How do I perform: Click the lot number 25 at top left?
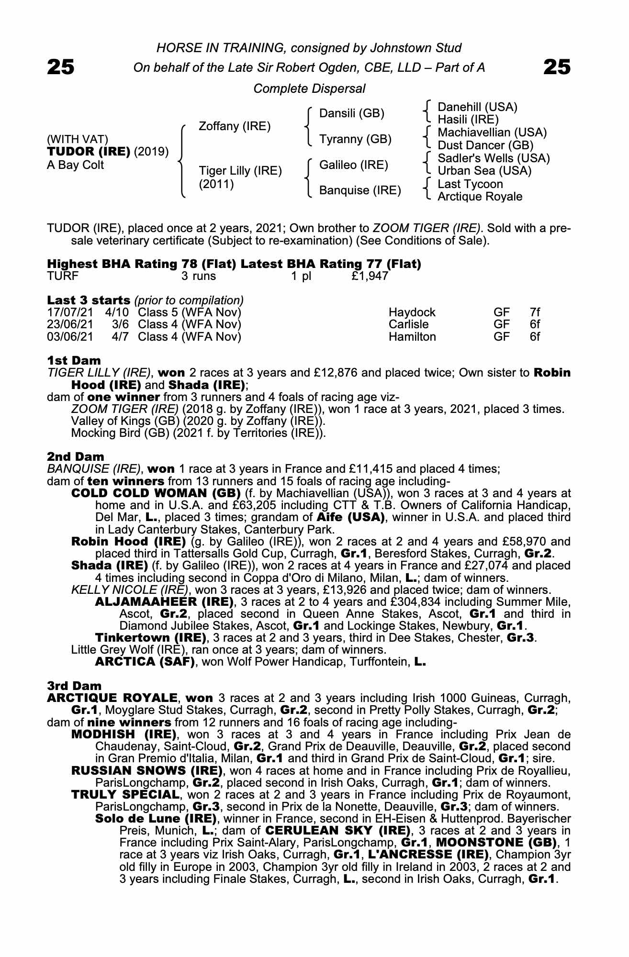tap(61, 67)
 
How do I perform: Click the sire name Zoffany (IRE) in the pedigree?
tap(235, 126)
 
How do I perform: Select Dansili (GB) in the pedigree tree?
tap(352, 113)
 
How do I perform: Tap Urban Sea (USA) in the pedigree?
tap(484, 171)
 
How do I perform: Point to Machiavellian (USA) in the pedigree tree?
tap(492, 133)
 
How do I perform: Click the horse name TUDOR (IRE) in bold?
tap(89, 152)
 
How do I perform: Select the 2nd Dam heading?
tap(75, 456)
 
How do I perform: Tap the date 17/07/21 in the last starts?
tap(70, 312)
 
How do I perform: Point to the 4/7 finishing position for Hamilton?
tap(120, 337)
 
